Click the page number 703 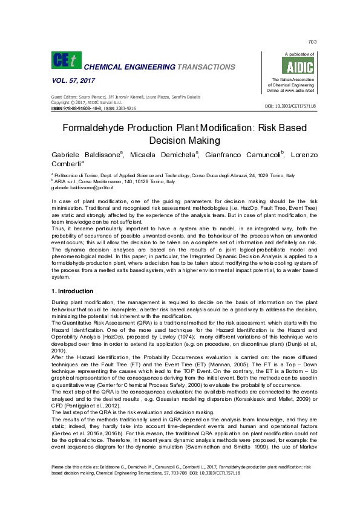coord(312,42)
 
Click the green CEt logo coord(64,60)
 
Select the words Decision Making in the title coord(180,140)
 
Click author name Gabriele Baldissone coord(86,155)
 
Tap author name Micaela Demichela coord(162,155)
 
